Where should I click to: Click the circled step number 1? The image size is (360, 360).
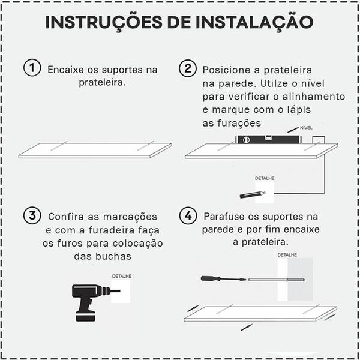[x=32, y=68]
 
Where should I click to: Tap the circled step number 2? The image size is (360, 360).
[x=188, y=68]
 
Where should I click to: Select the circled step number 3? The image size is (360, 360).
[x=32, y=215]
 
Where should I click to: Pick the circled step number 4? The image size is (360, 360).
[x=188, y=215]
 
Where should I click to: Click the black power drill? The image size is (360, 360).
[x=87, y=300]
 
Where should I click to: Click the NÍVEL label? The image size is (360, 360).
[x=307, y=128]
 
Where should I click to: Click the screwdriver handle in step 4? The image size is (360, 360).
[x=213, y=279]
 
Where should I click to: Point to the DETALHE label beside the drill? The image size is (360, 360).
[x=121, y=276]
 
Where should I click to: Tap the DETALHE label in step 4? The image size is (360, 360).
[x=287, y=255]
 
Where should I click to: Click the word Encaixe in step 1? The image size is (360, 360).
[x=66, y=70]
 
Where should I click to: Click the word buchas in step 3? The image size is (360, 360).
[x=113, y=256]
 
